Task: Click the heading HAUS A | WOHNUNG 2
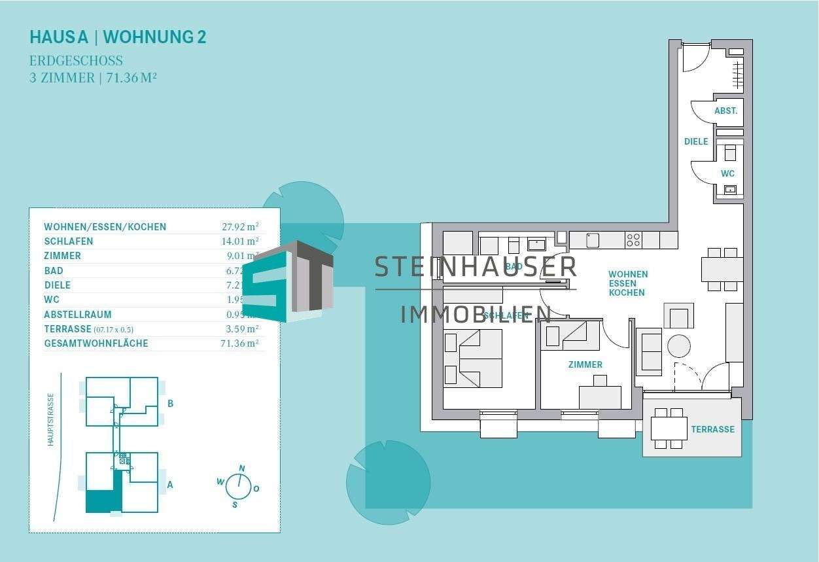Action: pyautogui.click(x=118, y=37)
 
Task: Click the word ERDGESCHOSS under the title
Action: pyautogui.click(x=76, y=61)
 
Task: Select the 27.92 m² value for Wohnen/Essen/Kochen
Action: pyautogui.click(x=240, y=227)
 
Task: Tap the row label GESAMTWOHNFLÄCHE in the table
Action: pyautogui.click(x=96, y=343)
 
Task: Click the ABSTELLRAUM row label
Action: pyautogui.click(x=78, y=315)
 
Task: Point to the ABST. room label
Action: pyautogui.click(x=725, y=111)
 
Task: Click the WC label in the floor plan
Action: pyautogui.click(x=727, y=173)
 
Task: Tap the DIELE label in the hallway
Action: pyautogui.click(x=696, y=141)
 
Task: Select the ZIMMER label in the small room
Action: pyautogui.click(x=585, y=364)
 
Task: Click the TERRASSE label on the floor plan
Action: pyautogui.click(x=712, y=430)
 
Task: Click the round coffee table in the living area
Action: pyautogui.click(x=678, y=345)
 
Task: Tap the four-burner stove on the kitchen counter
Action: pyautogui.click(x=633, y=240)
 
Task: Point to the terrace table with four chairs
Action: pyautogui.click(x=669, y=429)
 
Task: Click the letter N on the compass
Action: pyautogui.click(x=242, y=468)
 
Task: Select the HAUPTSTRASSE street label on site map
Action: pyautogui.click(x=50, y=419)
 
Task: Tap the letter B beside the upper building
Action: pyautogui.click(x=170, y=404)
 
